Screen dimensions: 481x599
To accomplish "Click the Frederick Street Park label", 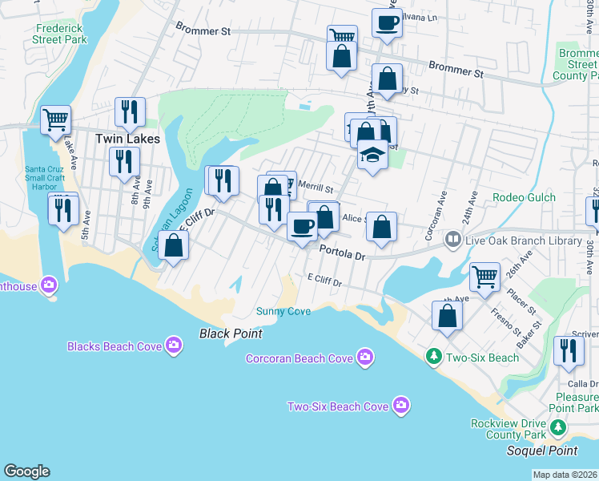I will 60,33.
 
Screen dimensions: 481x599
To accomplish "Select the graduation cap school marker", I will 372,154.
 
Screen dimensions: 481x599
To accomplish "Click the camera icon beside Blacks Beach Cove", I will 174,346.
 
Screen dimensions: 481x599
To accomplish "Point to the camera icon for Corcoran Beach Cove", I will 364,358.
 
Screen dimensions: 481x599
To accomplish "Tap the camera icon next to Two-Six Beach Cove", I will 402,406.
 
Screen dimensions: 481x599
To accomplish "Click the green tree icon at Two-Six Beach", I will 433,355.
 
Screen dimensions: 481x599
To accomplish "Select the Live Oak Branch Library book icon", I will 453,239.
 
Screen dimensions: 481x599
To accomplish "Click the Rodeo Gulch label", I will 519,198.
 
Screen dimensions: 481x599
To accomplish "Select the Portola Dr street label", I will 342,253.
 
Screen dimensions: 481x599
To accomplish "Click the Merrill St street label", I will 315,187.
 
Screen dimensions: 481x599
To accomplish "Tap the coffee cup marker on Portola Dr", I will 302,228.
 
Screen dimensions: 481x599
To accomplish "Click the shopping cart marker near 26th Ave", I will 484,277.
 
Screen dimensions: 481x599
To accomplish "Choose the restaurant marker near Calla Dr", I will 569,351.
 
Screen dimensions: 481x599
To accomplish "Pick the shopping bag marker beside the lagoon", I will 173,245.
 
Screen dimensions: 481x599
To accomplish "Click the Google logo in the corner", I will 26,471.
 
